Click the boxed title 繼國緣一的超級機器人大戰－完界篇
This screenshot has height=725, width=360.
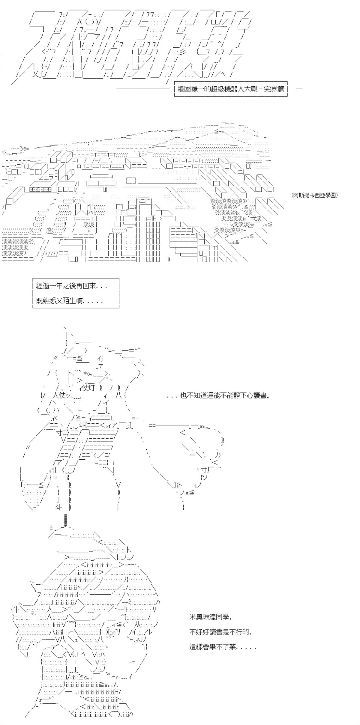point(231,89)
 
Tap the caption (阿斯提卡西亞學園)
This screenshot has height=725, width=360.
point(315,195)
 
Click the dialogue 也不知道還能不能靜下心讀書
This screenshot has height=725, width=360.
point(218,395)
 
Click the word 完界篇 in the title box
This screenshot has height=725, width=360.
point(274,89)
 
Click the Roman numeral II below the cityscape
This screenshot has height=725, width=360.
point(169,259)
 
